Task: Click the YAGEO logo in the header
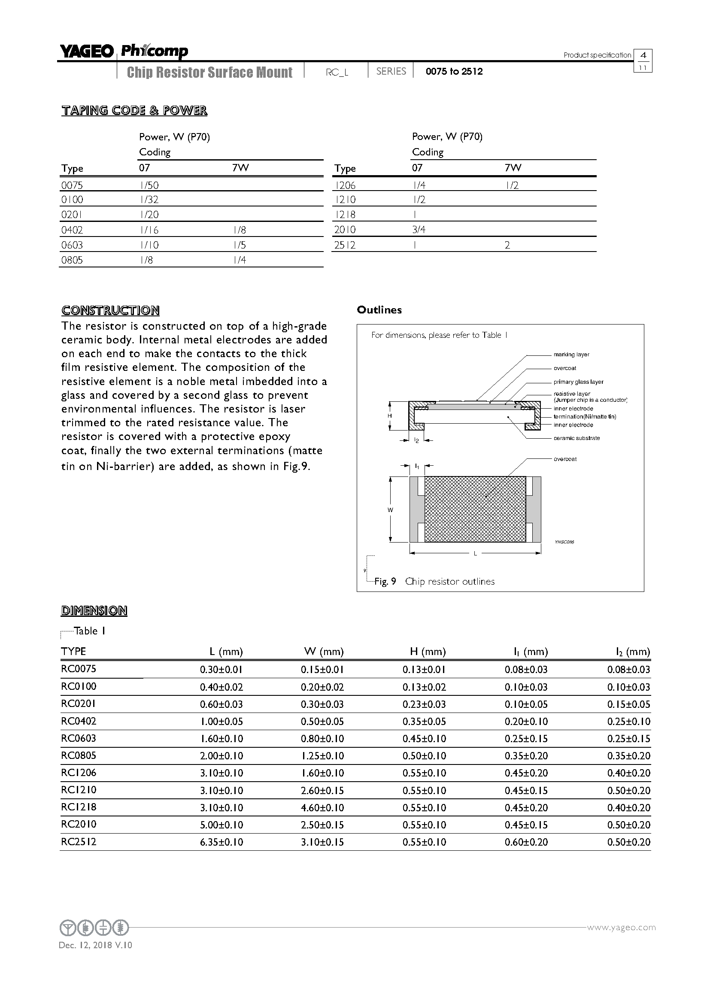tap(87, 52)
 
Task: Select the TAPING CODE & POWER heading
tap(134, 110)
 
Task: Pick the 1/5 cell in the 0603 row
tap(240, 245)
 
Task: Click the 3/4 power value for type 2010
tap(419, 230)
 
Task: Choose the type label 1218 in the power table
tap(345, 215)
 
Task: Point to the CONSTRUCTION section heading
tap(110, 310)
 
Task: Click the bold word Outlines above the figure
tap(379, 310)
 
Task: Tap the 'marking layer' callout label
tap(571, 355)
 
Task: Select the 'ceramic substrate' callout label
tap(576, 438)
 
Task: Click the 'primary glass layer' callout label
tap(578, 382)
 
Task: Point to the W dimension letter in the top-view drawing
tap(390, 510)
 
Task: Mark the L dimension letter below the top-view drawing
tap(475, 554)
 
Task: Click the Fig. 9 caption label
tap(385, 582)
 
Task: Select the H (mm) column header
tap(428, 652)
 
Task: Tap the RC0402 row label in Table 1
tap(79, 721)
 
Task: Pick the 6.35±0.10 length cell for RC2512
tap(221, 842)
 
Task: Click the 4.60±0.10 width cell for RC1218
tap(322, 808)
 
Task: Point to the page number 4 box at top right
tap(643, 55)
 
